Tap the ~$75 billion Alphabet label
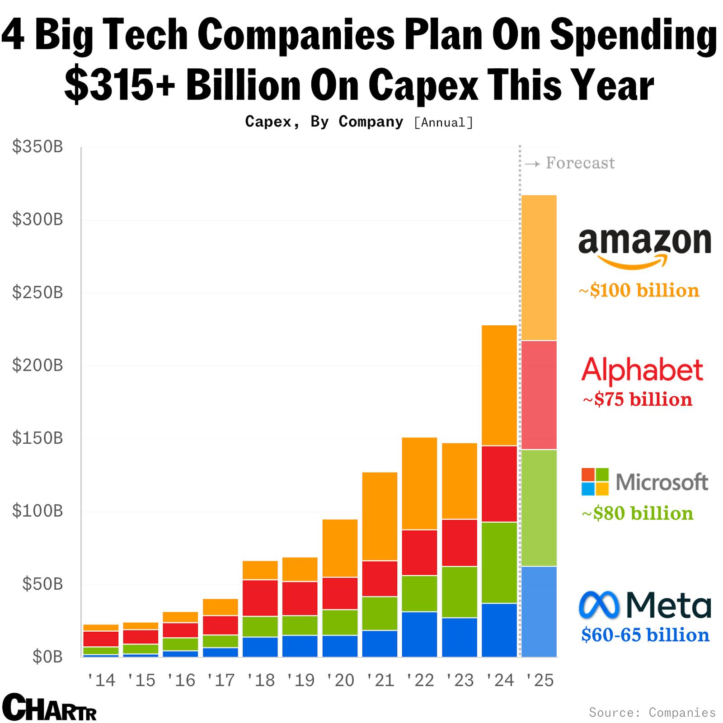pyautogui.click(x=638, y=399)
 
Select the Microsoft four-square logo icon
pyautogui.click(x=595, y=482)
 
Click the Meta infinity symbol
pyautogui.click(x=599, y=606)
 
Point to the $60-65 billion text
pyautogui.click(x=645, y=635)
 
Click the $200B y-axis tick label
pyautogui.click(x=38, y=365)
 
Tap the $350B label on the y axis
pyautogui.click(x=38, y=147)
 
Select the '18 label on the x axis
pyautogui.click(x=261, y=680)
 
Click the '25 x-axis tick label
pyautogui.click(x=540, y=680)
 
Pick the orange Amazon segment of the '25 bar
pyautogui.click(x=539, y=268)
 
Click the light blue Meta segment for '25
pyautogui.click(x=539, y=611)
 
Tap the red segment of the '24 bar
pyautogui.click(x=499, y=484)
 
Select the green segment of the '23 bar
pyautogui.click(x=460, y=592)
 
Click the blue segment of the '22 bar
pyautogui.click(x=419, y=634)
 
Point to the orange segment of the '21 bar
pyautogui.click(x=380, y=516)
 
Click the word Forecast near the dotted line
pyautogui.click(x=580, y=163)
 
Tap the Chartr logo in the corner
pyautogui.click(x=49, y=707)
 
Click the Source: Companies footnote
pyautogui.click(x=652, y=713)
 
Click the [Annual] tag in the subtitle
pyautogui.click(x=443, y=122)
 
